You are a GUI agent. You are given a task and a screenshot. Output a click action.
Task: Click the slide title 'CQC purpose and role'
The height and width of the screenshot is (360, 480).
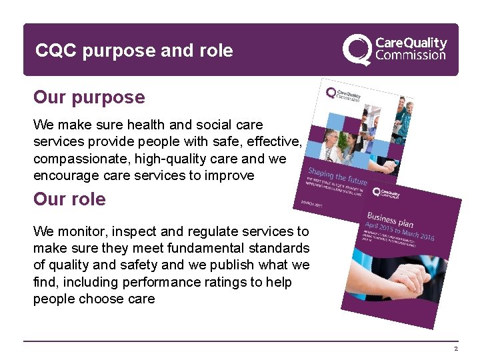tap(134, 51)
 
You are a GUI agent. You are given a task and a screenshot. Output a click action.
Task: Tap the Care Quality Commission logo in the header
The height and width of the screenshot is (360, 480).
tap(395, 48)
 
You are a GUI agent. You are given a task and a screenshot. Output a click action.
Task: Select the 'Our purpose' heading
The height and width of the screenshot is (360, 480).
tap(89, 97)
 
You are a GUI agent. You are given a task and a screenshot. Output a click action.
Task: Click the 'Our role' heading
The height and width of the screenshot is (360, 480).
tap(69, 199)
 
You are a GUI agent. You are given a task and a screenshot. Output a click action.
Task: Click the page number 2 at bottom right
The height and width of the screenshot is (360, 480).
tap(456, 349)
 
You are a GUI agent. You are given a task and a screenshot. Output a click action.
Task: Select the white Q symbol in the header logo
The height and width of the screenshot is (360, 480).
tap(357, 49)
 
